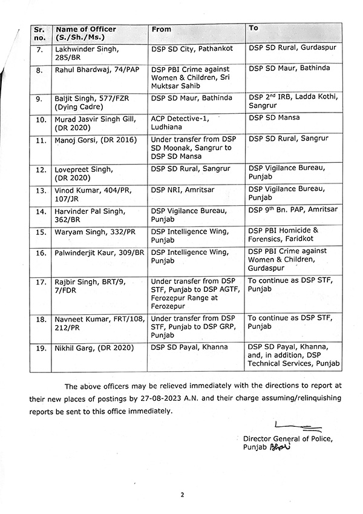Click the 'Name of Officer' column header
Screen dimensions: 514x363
85,29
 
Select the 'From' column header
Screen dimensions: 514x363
162,29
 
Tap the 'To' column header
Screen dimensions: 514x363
253,28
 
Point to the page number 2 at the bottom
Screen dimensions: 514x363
181,495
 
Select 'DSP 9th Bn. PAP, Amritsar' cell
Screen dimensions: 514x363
292,209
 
